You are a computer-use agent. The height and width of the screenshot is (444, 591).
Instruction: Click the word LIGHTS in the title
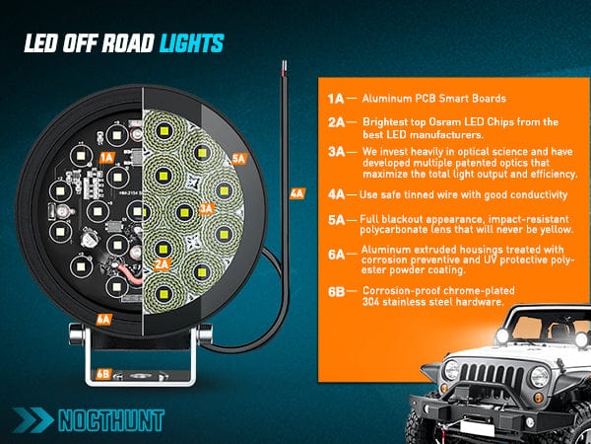(x=189, y=42)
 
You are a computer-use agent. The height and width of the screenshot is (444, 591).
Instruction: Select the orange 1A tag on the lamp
(x=108, y=157)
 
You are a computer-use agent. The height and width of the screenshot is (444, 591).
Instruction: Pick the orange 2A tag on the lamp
(x=162, y=264)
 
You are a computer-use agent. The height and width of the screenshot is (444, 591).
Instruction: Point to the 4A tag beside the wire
(x=297, y=194)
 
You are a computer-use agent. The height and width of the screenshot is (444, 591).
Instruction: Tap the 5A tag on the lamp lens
(x=237, y=158)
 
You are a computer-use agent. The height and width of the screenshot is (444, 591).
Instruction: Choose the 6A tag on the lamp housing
(x=102, y=319)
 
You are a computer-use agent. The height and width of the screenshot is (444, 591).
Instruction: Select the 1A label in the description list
(x=337, y=100)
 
